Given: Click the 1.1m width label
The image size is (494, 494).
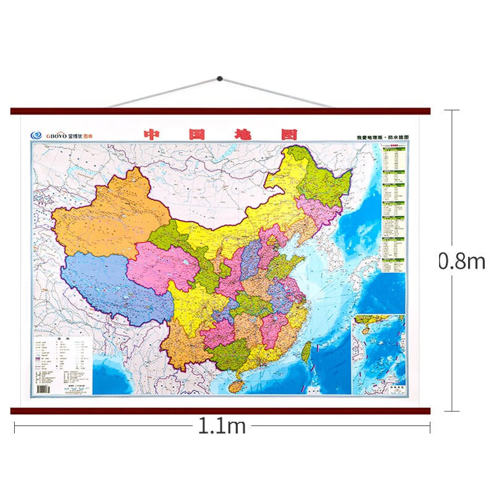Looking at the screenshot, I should click(222, 426).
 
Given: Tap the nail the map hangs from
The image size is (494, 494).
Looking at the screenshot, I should click(220, 79).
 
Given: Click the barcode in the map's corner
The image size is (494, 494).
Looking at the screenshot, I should click(43, 388).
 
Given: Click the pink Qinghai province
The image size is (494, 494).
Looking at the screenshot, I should click(164, 266).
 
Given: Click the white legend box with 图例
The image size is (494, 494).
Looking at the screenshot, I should click(61, 365).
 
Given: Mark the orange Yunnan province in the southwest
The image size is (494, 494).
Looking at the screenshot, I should click(182, 346).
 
